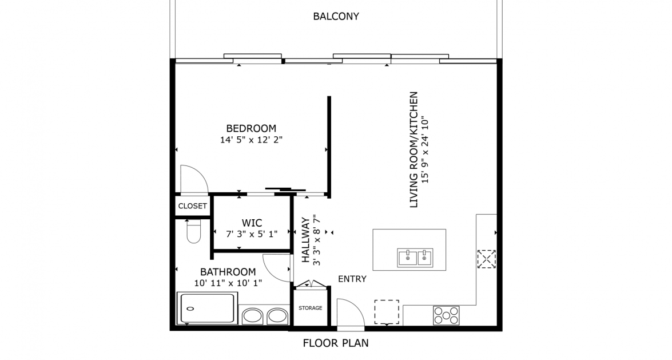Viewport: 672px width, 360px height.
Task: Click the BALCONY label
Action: (x=336, y=16)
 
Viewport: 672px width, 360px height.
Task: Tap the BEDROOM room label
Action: (x=251, y=128)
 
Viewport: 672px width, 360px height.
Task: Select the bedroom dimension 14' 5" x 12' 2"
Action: (x=252, y=139)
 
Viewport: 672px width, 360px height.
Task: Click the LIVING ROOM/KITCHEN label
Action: (x=414, y=149)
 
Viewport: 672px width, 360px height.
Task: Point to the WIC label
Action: (x=252, y=222)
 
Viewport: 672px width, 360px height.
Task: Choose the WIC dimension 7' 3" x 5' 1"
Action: (x=252, y=233)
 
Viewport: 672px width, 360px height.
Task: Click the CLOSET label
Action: (x=192, y=206)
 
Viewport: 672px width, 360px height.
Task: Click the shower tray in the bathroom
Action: (x=207, y=308)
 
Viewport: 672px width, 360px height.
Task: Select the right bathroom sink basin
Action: (x=277, y=316)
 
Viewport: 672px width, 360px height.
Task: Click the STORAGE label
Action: (x=310, y=308)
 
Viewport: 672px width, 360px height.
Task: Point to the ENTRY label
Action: (x=352, y=279)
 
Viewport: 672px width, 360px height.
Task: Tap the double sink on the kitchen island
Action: (x=415, y=258)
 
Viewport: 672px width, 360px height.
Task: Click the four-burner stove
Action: (x=446, y=315)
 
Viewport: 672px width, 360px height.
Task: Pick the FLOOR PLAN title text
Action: (x=335, y=343)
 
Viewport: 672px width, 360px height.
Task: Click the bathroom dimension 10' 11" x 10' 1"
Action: (x=228, y=283)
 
